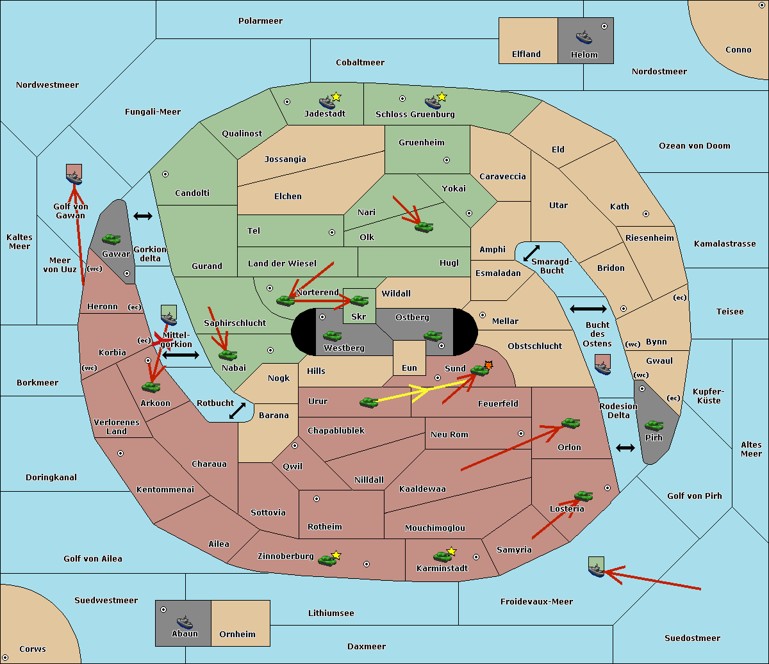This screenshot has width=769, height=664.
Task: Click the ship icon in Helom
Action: click(x=584, y=37)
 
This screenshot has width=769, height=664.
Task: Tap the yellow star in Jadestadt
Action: click(x=336, y=97)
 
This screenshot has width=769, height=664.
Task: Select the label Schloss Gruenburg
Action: click(x=415, y=114)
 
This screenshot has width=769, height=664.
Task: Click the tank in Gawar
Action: click(x=112, y=239)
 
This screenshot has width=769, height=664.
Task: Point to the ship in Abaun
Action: click(x=185, y=622)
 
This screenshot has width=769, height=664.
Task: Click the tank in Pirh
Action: click(x=654, y=425)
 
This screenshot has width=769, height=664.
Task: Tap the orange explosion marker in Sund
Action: click(x=488, y=365)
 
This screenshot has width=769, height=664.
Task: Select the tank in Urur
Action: click(x=368, y=403)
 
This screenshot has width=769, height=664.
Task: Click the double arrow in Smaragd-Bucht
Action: click(x=531, y=253)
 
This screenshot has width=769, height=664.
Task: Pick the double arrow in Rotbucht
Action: click(x=237, y=410)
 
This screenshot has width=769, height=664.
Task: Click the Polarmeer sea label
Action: click(x=260, y=21)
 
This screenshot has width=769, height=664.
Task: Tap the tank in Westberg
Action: click(x=332, y=336)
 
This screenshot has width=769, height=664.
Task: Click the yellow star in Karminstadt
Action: click(x=451, y=551)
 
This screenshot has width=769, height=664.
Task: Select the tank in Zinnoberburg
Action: click(x=327, y=560)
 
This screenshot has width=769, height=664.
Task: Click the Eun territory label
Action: click(x=409, y=368)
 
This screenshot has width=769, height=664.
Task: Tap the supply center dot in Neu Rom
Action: click(x=521, y=433)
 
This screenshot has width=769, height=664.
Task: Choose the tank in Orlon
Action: click(x=571, y=423)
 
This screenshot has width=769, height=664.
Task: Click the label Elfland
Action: click(x=526, y=54)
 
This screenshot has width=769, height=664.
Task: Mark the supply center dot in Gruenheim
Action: click(x=447, y=160)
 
